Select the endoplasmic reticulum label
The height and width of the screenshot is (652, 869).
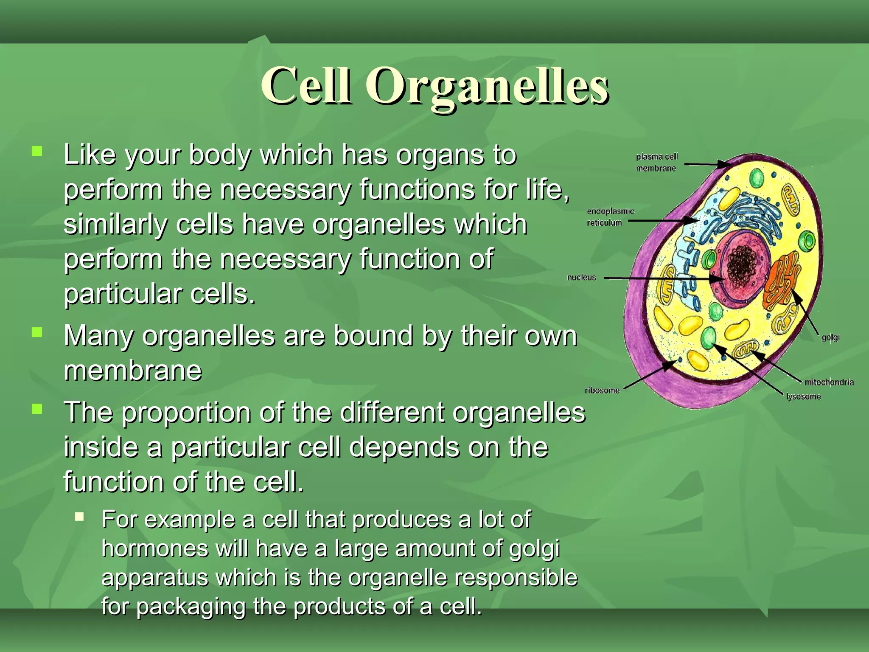(x=610, y=216)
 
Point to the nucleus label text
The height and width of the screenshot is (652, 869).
(x=581, y=277)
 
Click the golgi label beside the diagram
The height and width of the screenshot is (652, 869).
(x=830, y=337)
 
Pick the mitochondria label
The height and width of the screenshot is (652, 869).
(x=829, y=382)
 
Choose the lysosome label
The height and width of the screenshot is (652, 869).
(x=803, y=396)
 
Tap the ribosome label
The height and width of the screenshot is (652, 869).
(x=602, y=390)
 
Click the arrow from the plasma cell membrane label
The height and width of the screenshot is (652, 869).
(x=706, y=164)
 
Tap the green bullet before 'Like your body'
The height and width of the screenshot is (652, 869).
(x=37, y=151)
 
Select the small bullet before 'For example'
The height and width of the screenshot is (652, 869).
(x=79, y=517)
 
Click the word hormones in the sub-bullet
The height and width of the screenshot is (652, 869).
(x=154, y=548)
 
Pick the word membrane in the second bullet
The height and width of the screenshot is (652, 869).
(x=132, y=371)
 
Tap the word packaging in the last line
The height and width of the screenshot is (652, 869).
(x=191, y=606)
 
